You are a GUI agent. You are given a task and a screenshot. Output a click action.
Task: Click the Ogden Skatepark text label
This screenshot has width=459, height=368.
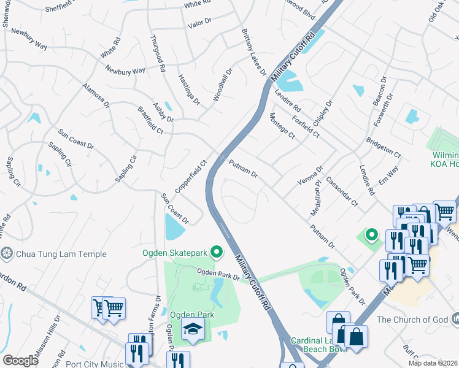(174, 253)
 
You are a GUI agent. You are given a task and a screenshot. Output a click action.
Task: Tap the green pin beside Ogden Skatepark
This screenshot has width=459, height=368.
(216, 252)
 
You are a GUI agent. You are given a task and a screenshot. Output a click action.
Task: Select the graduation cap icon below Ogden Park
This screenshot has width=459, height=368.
(193, 331)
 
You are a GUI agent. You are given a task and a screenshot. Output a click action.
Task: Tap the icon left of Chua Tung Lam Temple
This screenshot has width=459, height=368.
(7, 253)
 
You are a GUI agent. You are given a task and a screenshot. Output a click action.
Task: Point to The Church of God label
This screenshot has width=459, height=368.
(412, 320)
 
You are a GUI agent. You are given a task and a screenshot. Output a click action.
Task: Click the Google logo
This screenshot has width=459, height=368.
(20, 361)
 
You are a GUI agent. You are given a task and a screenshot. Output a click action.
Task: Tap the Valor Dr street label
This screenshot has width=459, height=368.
(199, 21)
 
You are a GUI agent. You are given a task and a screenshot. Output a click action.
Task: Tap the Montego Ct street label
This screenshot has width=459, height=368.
(282, 126)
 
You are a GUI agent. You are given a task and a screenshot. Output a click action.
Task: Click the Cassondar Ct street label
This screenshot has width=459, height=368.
(342, 191)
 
